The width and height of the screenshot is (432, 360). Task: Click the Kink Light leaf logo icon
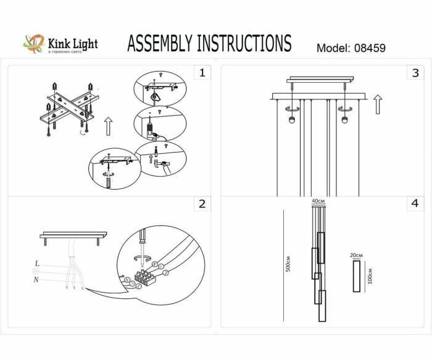pyautogui.click(x=35, y=44)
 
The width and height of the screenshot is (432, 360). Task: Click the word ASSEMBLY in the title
pyautogui.click(x=160, y=44)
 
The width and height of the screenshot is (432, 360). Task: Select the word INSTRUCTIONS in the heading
pyautogui.click(x=243, y=44)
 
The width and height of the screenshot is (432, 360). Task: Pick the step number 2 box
pyautogui.click(x=201, y=204)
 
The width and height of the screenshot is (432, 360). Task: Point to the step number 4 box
pyautogui.click(x=415, y=203)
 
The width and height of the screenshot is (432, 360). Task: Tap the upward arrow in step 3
pyautogui.click(x=378, y=104)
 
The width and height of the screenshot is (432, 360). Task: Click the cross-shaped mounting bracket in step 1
pyautogui.click(x=70, y=109)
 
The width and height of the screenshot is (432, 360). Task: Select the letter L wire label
pyautogui.click(x=38, y=264)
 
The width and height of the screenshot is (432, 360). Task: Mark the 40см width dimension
pyautogui.click(x=318, y=202)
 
